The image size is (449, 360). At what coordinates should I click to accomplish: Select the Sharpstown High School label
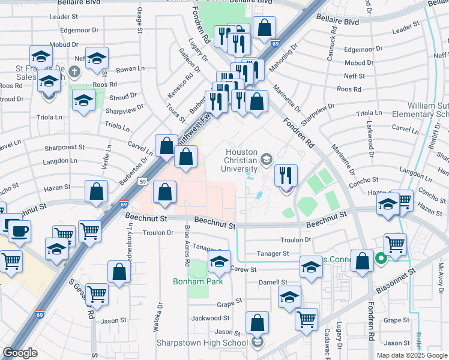click(202, 343)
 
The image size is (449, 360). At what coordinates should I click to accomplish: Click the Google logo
click(20, 353)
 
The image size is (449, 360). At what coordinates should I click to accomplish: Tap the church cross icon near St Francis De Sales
click(74, 73)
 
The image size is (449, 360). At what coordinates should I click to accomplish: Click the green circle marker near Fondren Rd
click(380, 259)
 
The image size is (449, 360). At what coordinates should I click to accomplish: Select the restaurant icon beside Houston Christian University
click(286, 176)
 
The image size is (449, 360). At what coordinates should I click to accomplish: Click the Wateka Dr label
click(160, 314)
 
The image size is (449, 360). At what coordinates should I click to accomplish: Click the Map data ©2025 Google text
click(411, 355)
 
